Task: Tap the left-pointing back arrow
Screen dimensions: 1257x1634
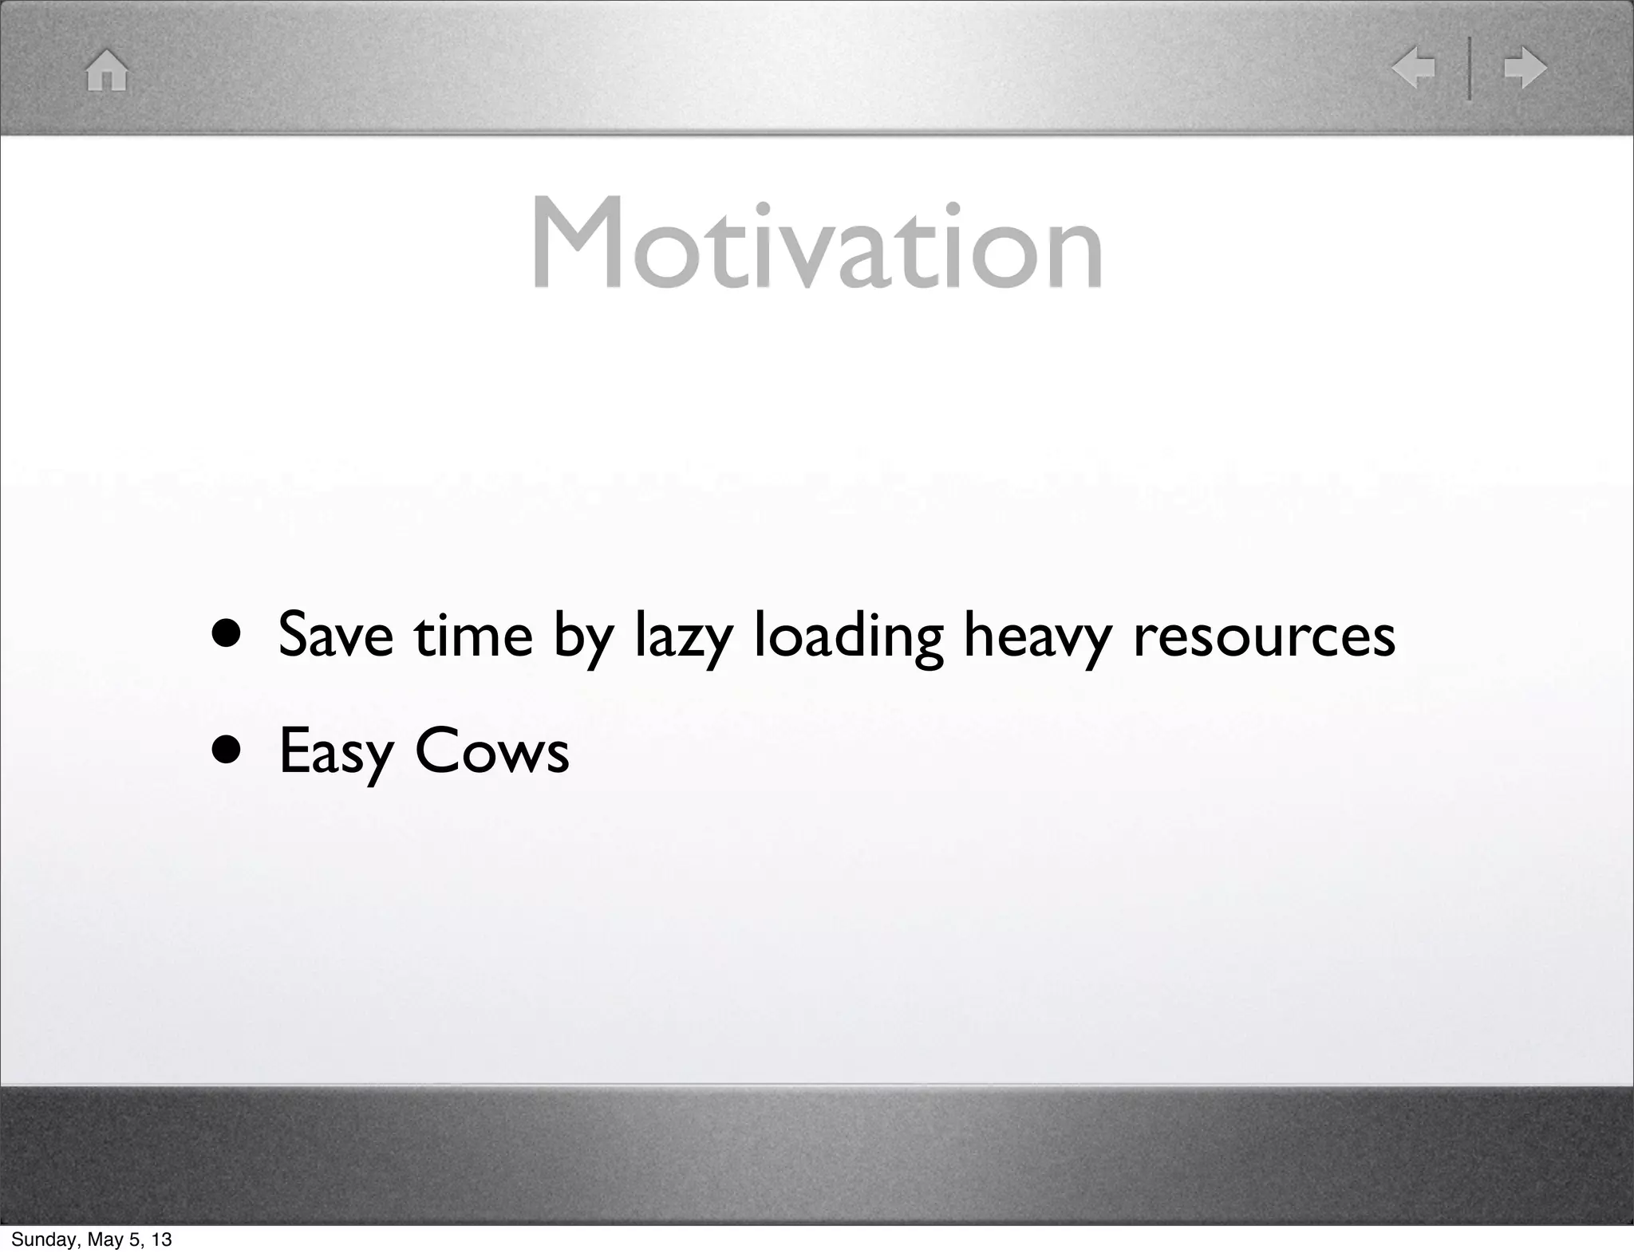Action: point(1413,68)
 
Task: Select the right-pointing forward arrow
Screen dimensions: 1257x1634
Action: point(1525,68)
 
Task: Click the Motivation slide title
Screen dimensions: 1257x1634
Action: point(817,243)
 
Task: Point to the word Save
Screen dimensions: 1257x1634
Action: point(336,636)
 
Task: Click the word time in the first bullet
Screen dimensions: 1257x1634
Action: point(473,636)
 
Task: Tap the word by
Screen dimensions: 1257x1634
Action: point(583,638)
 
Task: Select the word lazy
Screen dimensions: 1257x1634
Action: point(683,638)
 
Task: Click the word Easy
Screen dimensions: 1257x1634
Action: point(336,752)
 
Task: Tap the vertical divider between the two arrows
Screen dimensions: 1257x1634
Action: point(1470,68)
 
